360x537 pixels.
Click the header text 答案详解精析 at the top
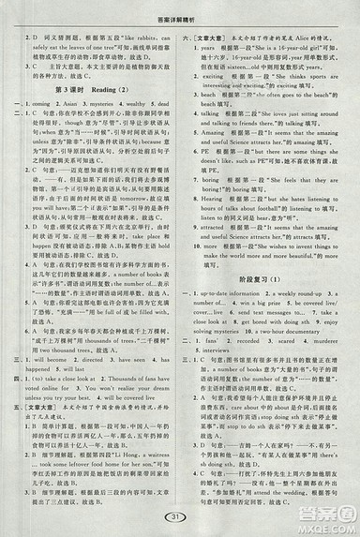click(x=179, y=7)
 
